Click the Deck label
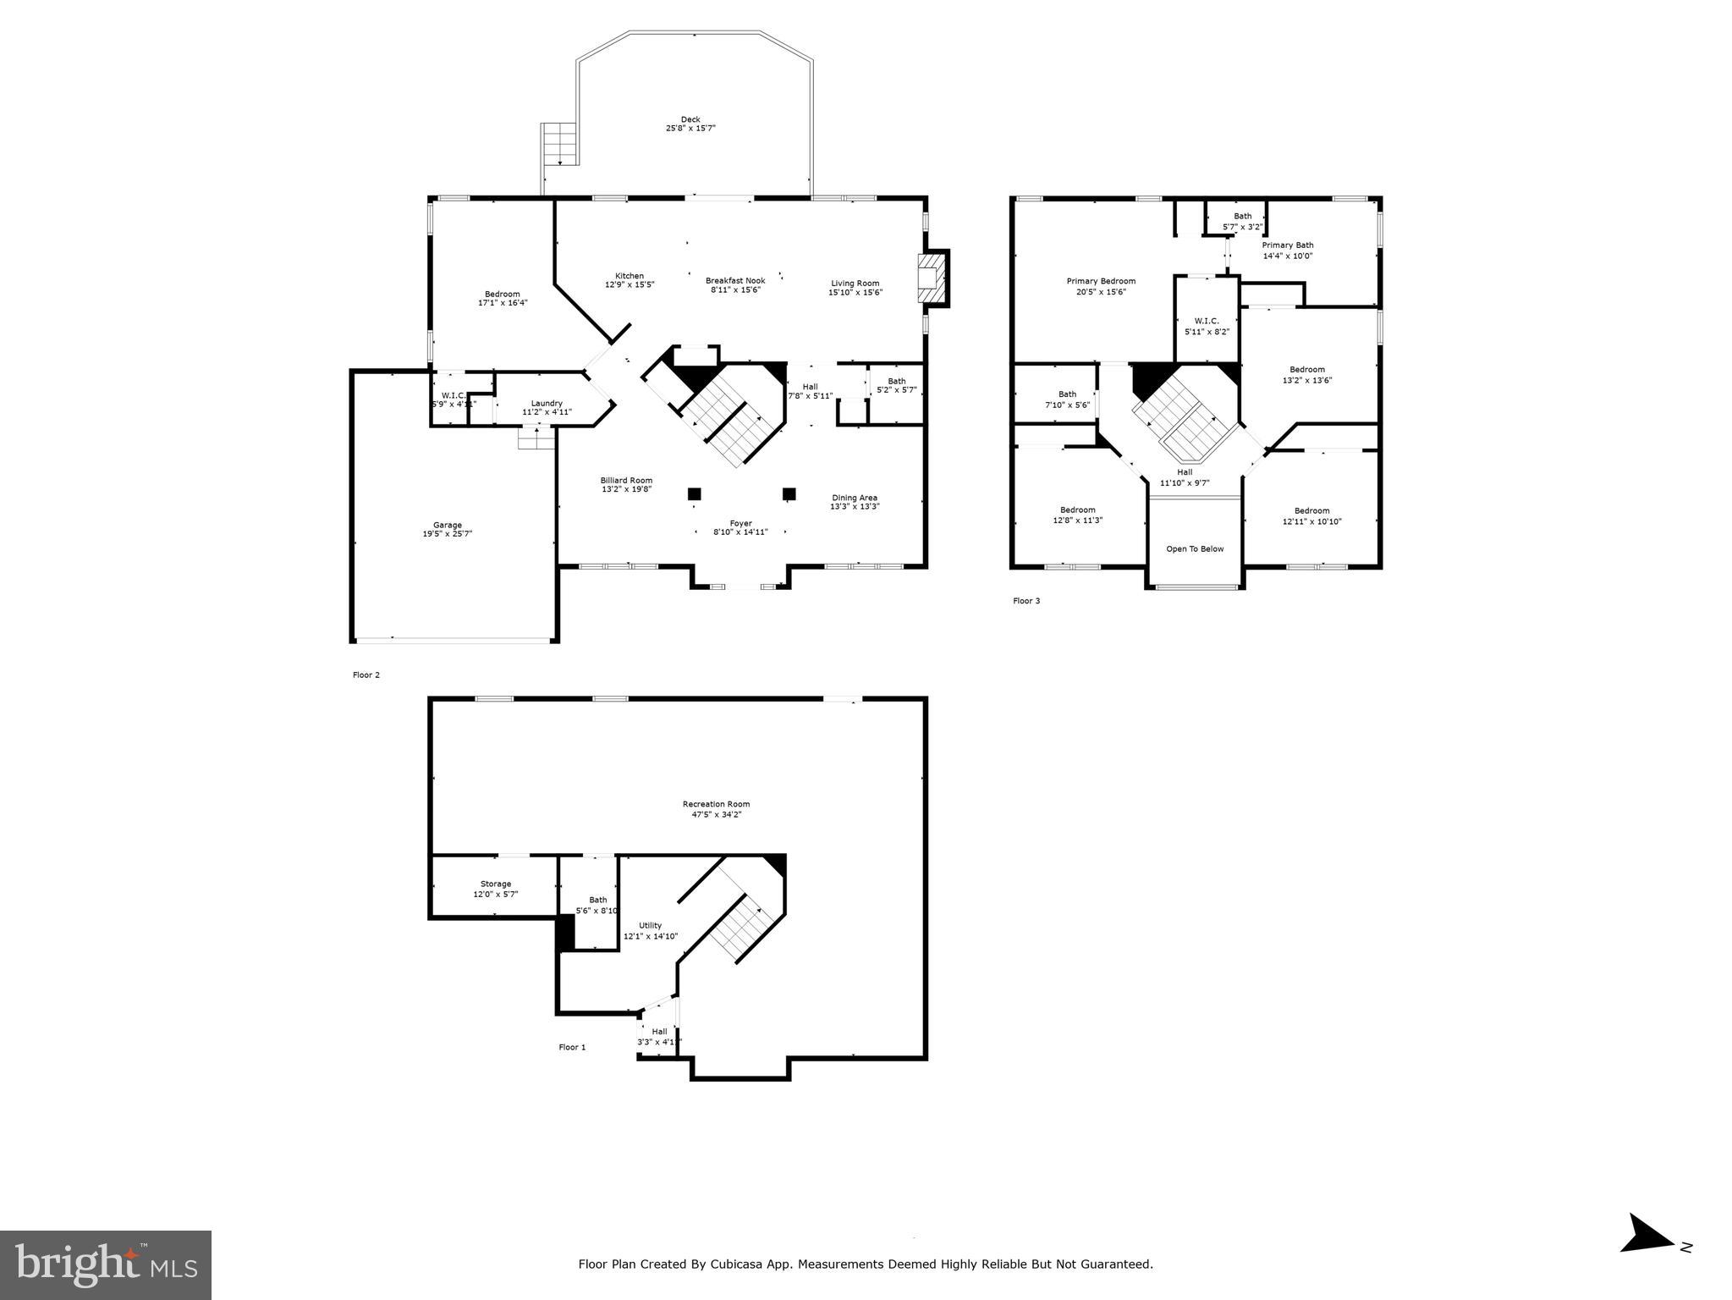tap(690, 119)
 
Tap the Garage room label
tap(448, 525)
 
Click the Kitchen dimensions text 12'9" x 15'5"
tap(629, 285)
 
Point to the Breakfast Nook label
tap(735, 280)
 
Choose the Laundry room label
tap(547, 403)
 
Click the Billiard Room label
tap(626, 480)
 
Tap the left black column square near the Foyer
tap(695, 493)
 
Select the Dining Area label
tap(855, 498)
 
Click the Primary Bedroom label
tap(1101, 281)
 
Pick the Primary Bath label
tap(1288, 245)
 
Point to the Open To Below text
tap(1195, 549)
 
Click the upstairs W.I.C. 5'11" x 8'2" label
tap(1207, 326)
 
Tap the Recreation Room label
tap(716, 804)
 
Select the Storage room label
tap(496, 884)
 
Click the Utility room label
tap(650, 925)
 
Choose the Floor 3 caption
tap(1026, 601)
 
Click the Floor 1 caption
tap(572, 1047)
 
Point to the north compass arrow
tap(1647, 1258)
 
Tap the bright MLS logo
tap(106, 1264)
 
